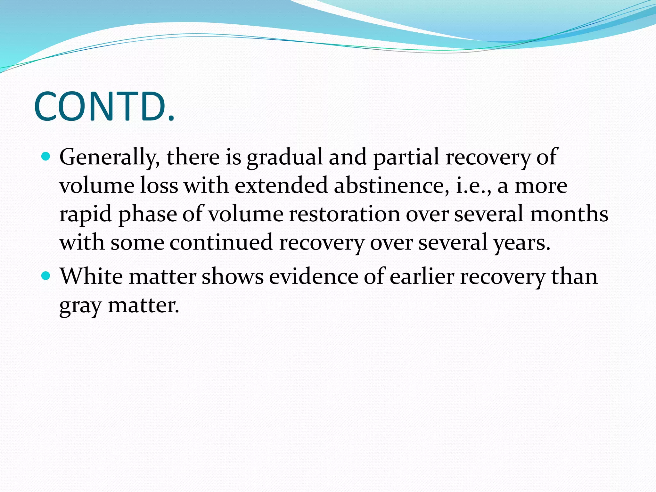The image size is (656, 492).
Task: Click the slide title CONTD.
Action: [104, 107]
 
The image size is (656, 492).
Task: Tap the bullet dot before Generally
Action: [46, 157]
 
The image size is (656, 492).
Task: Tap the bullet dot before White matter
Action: [46, 275]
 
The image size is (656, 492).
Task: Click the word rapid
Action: [86, 214]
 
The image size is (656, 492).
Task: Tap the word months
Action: [569, 214]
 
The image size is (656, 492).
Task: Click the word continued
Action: [221, 242]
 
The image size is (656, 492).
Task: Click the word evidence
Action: [313, 276]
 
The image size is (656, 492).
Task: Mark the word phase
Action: [148, 214]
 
